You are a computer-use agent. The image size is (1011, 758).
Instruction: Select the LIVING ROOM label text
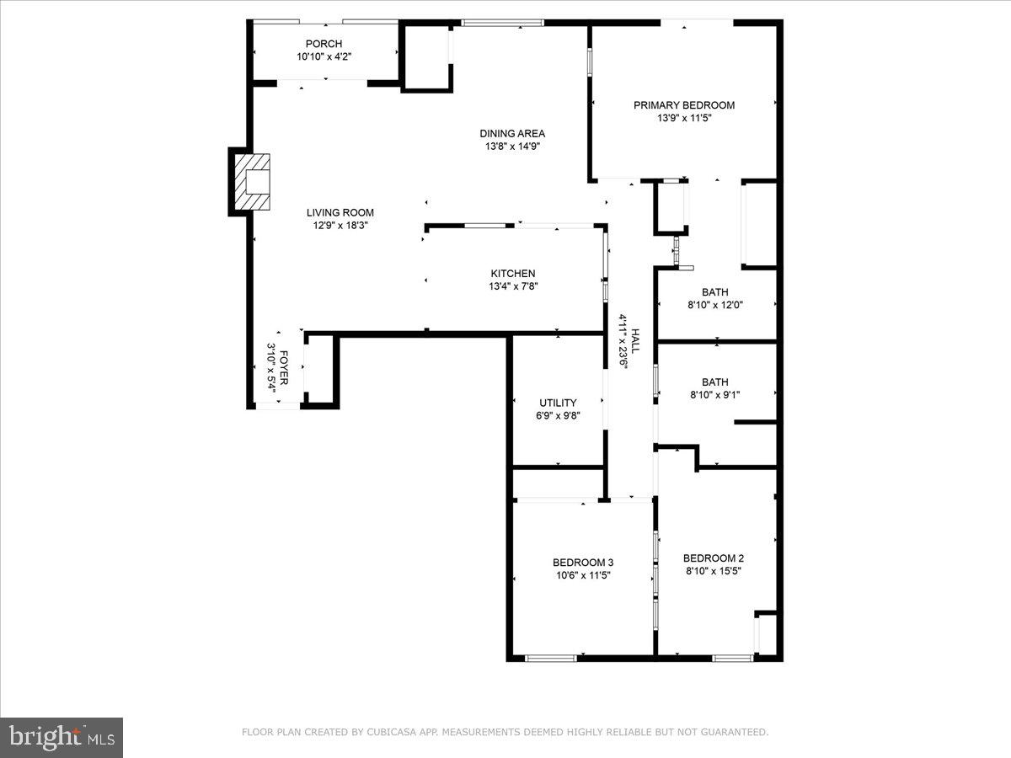[x=340, y=213]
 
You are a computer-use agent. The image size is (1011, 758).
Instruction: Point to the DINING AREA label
[x=512, y=133]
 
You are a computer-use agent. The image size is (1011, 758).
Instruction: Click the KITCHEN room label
[x=513, y=274]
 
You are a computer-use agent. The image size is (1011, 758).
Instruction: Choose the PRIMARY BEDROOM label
[x=684, y=105]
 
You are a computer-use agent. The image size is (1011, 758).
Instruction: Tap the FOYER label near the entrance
[x=285, y=369]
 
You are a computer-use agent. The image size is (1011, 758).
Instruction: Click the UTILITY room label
[x=558, y=403]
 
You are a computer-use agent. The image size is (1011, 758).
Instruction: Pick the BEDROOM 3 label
[x=583, y=563]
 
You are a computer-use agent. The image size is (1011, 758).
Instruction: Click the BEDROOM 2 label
[x=714, y=558]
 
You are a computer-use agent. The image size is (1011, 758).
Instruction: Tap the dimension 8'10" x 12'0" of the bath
[x=715, y=306]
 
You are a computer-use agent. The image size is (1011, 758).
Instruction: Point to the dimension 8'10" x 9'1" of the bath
[x=715, y=394]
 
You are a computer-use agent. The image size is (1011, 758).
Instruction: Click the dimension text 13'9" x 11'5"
[x=684, y=119]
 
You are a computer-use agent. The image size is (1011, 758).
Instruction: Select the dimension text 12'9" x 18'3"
[x=340, y=226]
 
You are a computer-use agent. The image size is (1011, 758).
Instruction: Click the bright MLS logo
[x=62, y=737]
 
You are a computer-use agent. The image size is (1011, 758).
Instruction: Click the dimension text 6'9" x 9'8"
[x=558, y=415]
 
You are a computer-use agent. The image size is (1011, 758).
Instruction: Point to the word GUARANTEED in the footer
[x=735, y=733]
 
